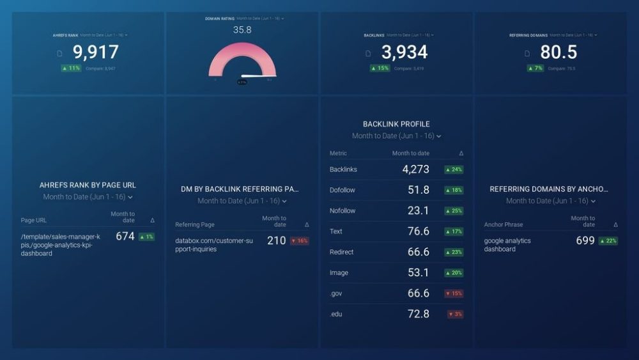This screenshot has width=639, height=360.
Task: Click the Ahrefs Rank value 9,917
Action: point(95,52)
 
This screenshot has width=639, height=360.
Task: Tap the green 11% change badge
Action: point(71,68)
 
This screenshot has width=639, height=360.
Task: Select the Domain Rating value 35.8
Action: point(242,30)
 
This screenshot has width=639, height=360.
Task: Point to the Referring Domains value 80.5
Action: point(558,52)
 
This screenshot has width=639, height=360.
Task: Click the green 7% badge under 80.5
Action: point(535,68)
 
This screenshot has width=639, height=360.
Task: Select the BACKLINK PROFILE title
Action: point(396,124)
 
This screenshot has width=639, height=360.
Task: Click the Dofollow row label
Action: point(343,190)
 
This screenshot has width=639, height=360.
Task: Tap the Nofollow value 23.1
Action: point(419,210)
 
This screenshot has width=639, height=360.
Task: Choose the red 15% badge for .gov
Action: point(454,293)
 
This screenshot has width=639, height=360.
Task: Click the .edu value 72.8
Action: point(419,314)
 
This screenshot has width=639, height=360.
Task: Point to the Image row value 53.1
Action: point(419,272)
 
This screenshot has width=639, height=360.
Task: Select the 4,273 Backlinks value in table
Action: point(415,169)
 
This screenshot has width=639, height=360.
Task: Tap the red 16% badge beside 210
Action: point(299,241)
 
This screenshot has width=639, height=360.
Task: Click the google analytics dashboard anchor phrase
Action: point(507,245)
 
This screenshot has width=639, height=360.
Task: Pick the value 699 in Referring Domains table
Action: point(585,240)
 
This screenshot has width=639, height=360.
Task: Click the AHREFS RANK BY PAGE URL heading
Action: point(88,185)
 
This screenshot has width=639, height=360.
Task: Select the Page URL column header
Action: point(34,220)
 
